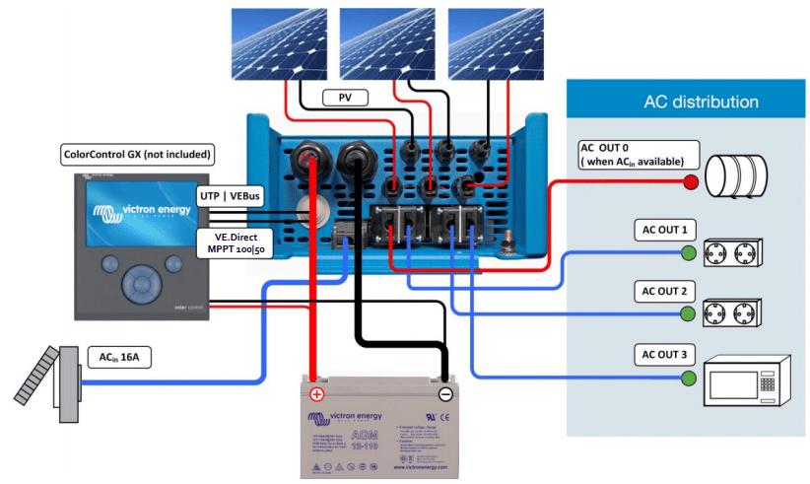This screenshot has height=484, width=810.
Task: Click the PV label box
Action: (x=345, y=97)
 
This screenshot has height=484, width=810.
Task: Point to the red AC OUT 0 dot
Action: (x=691, y=181)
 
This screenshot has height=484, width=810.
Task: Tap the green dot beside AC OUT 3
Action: (x=690, y=379)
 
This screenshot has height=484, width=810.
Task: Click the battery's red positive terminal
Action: (x=317, y=393)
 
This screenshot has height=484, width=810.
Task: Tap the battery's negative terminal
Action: (x=444, y=393)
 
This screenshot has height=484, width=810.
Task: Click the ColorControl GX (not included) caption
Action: (x=138, y=154)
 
